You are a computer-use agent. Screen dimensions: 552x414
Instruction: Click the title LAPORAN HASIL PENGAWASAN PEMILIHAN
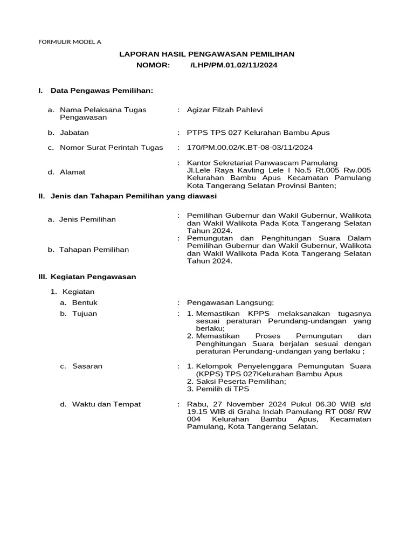206,54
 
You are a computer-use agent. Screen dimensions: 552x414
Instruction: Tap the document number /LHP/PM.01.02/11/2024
234,65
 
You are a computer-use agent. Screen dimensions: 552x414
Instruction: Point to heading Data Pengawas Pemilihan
102,91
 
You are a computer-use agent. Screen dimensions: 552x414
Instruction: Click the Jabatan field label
74,132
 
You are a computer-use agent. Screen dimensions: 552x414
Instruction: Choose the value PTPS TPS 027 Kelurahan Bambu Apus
258,132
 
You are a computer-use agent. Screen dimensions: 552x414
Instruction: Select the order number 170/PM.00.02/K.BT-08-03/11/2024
250,147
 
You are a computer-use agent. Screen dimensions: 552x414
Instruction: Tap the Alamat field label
72,172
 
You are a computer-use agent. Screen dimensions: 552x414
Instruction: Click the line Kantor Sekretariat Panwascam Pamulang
262,163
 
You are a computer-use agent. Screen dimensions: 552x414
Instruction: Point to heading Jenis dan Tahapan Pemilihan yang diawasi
133,196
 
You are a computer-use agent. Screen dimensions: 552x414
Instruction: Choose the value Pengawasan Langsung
230,302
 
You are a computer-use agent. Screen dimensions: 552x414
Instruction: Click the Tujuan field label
85,313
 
